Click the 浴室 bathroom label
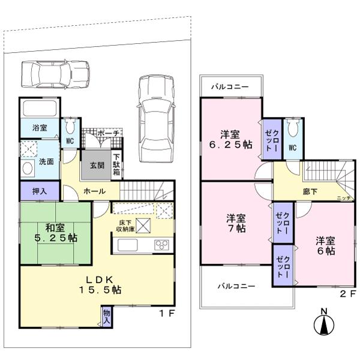click(32, 128)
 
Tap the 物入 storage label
click(107, 316)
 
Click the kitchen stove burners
click(161, 244)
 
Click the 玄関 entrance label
click(97, 166)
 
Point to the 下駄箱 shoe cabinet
click(116, 165)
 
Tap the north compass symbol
click(323, 324)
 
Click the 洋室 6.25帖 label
click(230, 139)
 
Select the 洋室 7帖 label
click(236, 223)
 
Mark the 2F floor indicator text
click(348, 294)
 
